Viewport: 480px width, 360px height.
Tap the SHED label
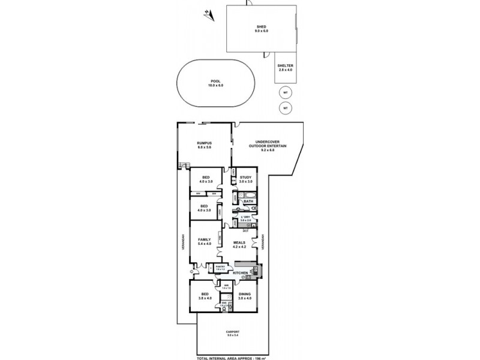click(262, 28)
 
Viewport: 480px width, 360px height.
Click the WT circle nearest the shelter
click(286, 92)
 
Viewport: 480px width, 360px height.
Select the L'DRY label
click(245, 217)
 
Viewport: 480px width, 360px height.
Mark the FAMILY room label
click(204, 241)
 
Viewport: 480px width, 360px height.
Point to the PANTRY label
click(220, 267)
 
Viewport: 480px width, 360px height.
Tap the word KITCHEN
click(240, 273)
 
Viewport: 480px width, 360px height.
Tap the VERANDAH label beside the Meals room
click(263, 243)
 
